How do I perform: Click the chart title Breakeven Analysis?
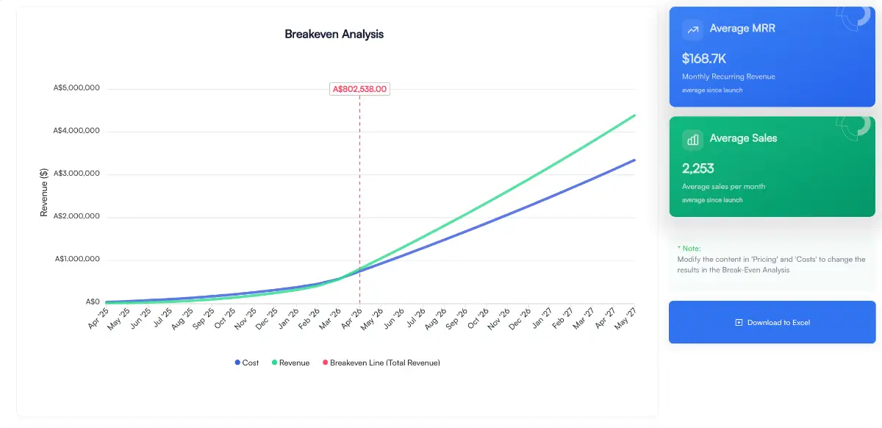tap(334, 34)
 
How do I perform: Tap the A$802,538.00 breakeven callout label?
tap(359, 89)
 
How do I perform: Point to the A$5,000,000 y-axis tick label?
tap(76, 88)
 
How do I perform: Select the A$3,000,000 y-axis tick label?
tap(76, 174)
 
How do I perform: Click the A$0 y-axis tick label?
tap(93, 302)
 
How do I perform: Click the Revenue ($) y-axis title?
tap(44, 193)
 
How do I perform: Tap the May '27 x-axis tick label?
tap(625, 318)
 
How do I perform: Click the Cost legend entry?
tap(247, 363)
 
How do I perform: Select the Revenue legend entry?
tap(290, 363)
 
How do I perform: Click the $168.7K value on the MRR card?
tap(704, 58)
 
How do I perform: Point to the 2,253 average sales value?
tap(698, 168)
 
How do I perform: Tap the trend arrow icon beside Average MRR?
tap(692, 29)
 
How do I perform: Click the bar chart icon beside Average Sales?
tap(692, 139)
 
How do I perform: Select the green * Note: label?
tap(689, 249)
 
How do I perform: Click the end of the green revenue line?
tap(634, 115)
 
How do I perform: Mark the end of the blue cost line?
tap(634, 160)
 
